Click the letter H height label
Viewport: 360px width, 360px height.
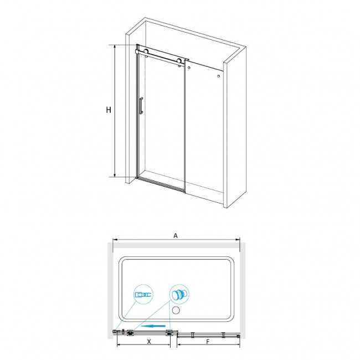point(109,110)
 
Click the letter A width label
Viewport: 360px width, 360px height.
point(176,236)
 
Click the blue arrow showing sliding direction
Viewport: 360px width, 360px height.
point(153,326)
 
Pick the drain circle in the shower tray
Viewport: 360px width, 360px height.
point(178,311)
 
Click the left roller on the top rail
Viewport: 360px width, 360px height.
point(146,52)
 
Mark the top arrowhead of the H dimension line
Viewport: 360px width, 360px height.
point(115,47)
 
